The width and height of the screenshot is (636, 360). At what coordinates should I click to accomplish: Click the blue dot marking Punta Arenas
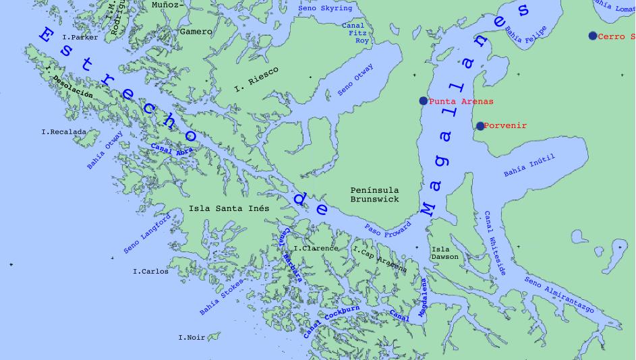click(x=424, y=101)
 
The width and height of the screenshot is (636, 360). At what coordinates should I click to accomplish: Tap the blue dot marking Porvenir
click(x=480, y=126)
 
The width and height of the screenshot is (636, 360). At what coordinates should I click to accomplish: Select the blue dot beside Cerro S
click(x=593, y=36)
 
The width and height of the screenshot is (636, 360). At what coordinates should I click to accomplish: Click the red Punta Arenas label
click(x=461, y=101)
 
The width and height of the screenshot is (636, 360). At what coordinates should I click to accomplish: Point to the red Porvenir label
click(x=505, y=126)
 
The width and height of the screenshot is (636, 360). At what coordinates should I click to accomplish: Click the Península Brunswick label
click(x=375, y=195)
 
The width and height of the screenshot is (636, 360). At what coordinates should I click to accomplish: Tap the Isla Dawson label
click(x=444, y=253)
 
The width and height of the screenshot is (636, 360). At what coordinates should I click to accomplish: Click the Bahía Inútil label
click(x=529, y=166)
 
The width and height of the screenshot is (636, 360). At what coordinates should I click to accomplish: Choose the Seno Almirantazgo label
click(x=559, y=295)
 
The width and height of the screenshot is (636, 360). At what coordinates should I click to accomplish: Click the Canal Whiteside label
click(x=494, y=243)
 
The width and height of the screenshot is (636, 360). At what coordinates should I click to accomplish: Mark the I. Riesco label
click(x=256, y=79)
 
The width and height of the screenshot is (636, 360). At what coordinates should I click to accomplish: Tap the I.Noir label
click(x=192, y=337)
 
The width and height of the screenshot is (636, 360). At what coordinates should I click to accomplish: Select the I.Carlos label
click(x=150, y=272)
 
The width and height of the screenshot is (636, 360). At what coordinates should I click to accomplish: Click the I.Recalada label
click(x=63, y=132)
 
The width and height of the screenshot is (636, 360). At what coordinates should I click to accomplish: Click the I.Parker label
click(x=80, y=38)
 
